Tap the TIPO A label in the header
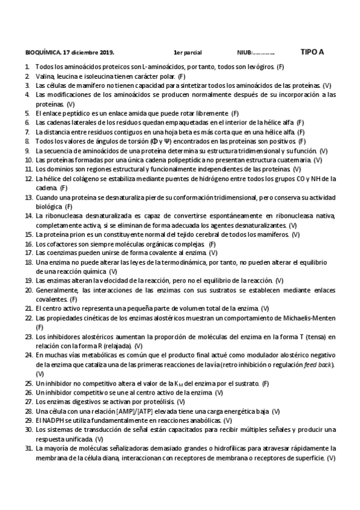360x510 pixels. (312, 52)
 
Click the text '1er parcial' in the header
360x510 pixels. (188, 52)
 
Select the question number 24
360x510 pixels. (29, 355)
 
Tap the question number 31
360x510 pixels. (29, 449)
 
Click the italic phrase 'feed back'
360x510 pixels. (320, 364)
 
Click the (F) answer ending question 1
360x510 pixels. (281, 67)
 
